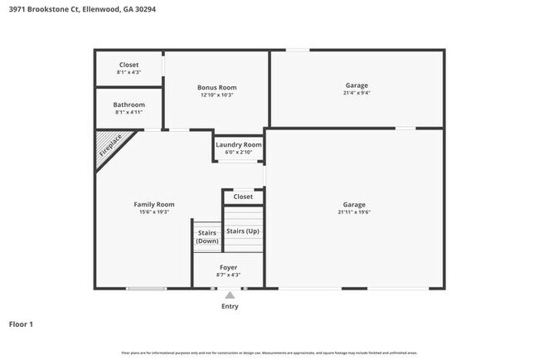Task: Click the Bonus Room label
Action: (x=216, y=87)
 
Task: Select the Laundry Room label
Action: (x=239, y=144)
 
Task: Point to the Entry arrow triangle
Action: (x=230, y=294)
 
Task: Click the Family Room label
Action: (x=154, y=204)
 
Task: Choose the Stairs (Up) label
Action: (x=243, y=231)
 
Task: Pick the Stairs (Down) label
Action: (x=207, y=236)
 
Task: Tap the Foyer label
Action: (x=229, y=267)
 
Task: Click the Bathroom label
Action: (x=129, y=105)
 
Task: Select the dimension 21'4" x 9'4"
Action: (x=357, y=94)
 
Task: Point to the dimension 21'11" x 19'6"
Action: (x=354, y=212)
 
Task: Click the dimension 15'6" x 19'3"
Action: (x=154, y=212)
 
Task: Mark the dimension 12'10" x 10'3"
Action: (x=216, y=95)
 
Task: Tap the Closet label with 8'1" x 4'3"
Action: (x=129, y=65)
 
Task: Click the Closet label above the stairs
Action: (x=243, y=197)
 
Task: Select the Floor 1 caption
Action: (x=21, y=324)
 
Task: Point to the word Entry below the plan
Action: (x=230, y=306)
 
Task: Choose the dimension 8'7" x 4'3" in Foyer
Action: (x=229, y=275)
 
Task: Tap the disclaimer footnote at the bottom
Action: (x=269, y=353)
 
